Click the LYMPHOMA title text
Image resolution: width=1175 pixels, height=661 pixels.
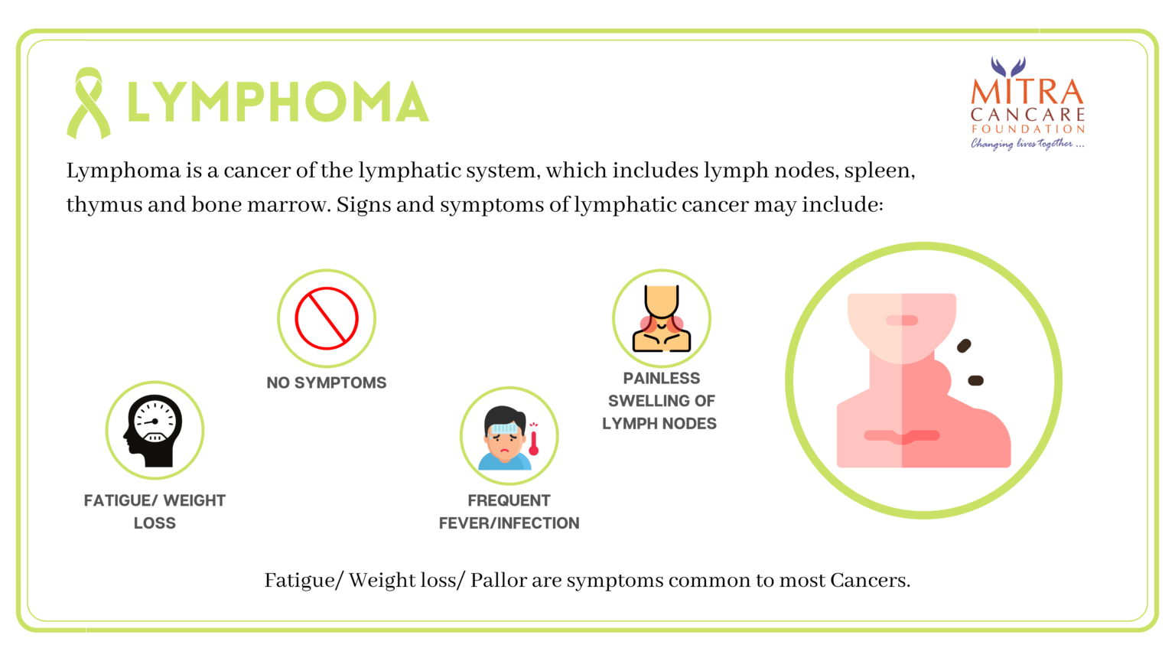(278, 102)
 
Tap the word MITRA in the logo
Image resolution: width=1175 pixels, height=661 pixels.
(1027, 92)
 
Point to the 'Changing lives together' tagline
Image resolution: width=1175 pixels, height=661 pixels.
(1027, 144)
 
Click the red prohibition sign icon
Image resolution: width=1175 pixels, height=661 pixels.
(327, 318)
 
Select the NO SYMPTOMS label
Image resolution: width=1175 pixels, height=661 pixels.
(327, 383)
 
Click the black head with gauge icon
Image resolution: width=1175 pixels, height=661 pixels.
(153, 431)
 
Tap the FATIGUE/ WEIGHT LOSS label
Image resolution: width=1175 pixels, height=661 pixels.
(155, 512)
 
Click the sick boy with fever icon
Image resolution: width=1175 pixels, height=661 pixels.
(504, 438)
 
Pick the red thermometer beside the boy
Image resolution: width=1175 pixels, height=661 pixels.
(533, 439)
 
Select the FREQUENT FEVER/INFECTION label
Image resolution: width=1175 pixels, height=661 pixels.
(509, 512)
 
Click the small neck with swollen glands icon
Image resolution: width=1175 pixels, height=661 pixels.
(662, 318)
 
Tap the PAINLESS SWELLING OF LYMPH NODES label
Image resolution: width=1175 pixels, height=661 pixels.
(660, 401)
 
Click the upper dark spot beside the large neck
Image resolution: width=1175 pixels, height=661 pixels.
(964, 346)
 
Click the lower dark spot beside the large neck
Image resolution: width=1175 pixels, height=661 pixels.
(975, 381)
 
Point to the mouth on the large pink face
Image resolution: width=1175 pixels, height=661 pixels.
(902, 321)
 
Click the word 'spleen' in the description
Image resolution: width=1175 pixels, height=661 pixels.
(879, 171)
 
